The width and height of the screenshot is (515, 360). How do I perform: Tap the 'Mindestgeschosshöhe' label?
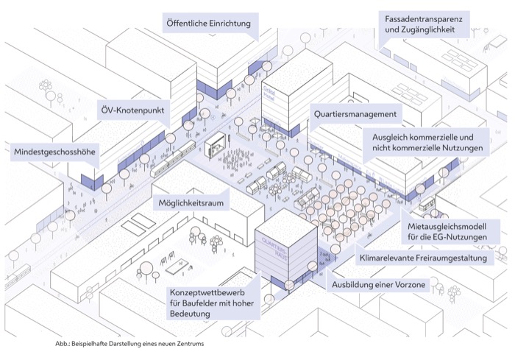tap(56, 152)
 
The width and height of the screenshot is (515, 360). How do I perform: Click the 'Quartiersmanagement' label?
tap(355, 115)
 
